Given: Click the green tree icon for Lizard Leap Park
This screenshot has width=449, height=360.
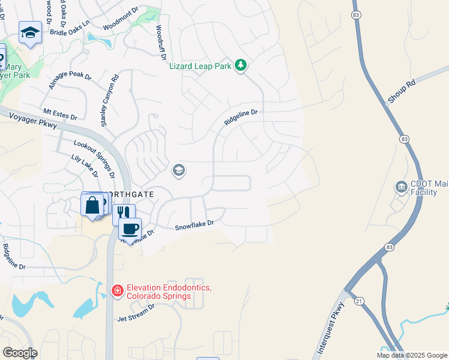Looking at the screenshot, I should (241, 65).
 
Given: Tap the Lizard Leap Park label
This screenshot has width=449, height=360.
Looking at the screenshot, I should (200, 65).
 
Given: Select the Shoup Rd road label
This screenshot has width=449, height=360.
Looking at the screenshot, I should (402, 93).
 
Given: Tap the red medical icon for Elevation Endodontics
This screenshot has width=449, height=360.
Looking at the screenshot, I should (117, 291).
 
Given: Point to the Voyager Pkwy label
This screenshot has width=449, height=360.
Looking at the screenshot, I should (33, 121).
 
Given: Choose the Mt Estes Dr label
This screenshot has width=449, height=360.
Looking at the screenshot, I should (60, 113).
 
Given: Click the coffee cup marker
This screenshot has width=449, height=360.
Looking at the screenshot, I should (130, 229).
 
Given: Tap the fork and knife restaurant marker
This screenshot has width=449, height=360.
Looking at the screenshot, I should (124, 212).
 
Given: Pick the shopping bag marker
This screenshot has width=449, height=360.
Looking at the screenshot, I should (92, 205).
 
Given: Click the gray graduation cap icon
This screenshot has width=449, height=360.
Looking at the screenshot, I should (178, 171).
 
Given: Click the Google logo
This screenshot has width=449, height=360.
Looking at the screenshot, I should (19, 353).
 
